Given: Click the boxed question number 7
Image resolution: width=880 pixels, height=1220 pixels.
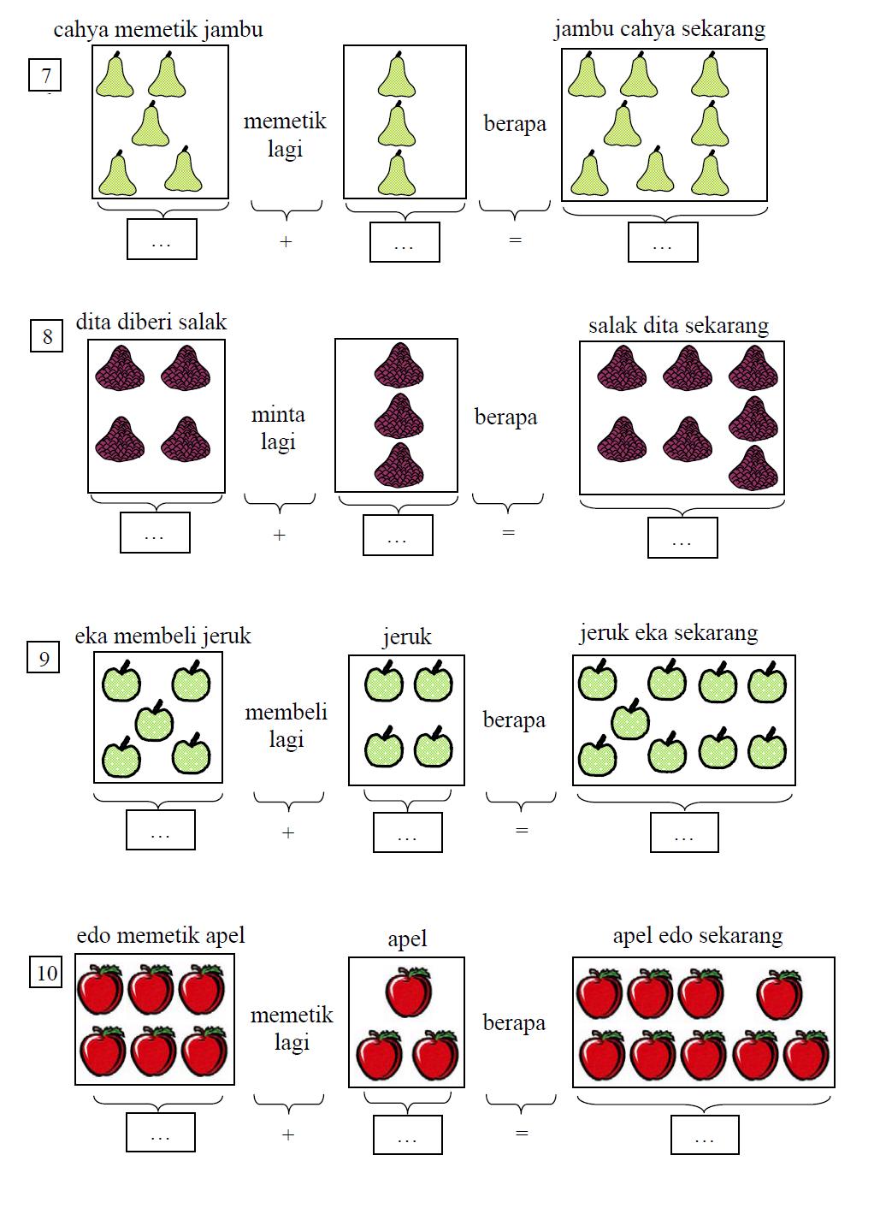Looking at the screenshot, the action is (44, 74).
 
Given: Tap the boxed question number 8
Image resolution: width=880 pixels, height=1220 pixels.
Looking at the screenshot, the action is (46, 336).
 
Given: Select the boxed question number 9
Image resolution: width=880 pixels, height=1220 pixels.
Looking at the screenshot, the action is (43, 657).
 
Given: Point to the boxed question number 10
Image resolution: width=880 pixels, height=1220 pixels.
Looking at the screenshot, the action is (45, 972).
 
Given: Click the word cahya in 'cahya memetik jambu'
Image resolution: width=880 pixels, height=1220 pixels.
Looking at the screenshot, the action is (81, 31).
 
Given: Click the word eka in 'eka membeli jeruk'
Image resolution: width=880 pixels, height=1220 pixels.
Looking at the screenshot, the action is (91, 637).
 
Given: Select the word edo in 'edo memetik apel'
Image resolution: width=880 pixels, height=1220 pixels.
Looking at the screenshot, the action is (93, 936).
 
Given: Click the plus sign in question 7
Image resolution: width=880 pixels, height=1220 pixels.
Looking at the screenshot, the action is (286, 241).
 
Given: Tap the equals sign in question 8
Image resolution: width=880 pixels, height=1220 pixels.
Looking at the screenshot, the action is (509, 532).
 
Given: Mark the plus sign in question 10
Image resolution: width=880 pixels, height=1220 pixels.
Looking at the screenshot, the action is (288, 1134).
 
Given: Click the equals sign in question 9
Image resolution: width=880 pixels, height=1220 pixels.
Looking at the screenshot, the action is (522, 831).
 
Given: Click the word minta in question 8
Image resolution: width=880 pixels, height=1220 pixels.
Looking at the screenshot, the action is (278, 415).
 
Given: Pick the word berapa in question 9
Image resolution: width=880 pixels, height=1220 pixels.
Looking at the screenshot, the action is (514, 720).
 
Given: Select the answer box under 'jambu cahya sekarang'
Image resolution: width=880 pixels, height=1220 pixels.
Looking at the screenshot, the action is (663, 242).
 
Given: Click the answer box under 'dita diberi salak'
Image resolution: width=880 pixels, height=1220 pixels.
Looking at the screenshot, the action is (155, 532).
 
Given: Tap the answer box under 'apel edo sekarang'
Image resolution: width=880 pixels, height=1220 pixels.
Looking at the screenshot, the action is (705, 1134).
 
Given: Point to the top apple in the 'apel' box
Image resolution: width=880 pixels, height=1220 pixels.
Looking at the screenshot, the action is (409, 992).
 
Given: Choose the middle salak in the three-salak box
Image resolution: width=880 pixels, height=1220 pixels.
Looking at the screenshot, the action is (399, 416).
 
